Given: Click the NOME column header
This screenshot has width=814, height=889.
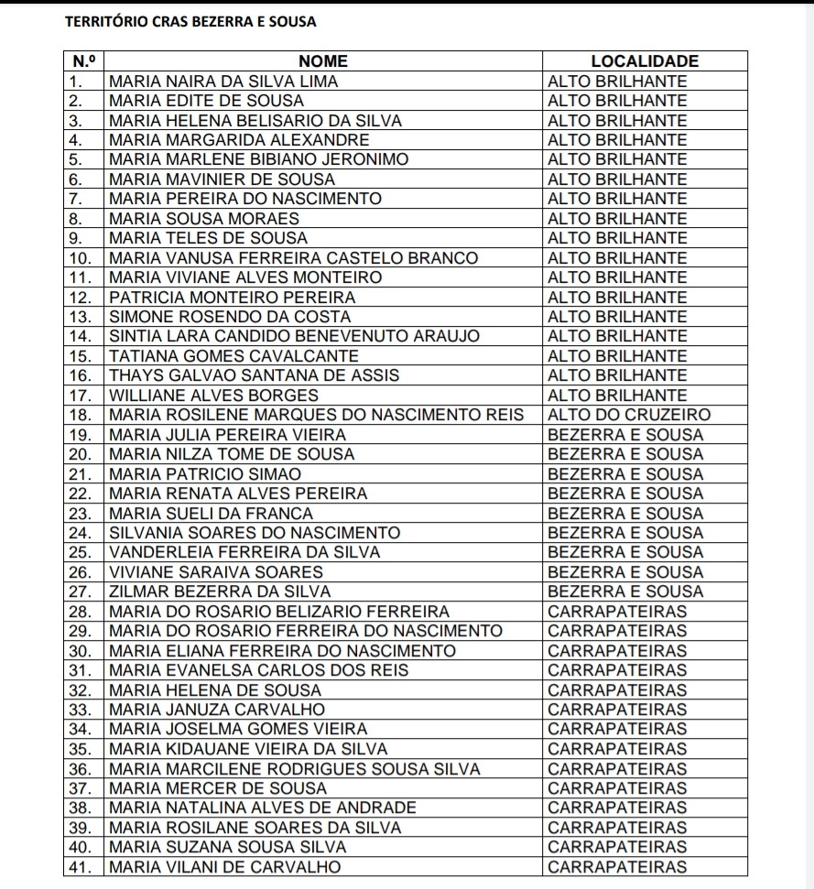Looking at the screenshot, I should (x=323, y=61).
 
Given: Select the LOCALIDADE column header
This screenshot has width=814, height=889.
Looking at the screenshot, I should (x=645, y=61).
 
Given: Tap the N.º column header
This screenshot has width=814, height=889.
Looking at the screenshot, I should (x=83, y=61).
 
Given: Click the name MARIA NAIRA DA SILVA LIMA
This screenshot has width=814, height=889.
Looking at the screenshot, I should (x=223, y=81).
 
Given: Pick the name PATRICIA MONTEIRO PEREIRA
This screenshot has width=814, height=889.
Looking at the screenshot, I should (x=233, y=298).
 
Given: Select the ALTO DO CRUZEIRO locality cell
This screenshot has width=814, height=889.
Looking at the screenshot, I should (x=628, y=415).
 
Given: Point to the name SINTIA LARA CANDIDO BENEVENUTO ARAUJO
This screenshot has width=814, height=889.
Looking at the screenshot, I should (x=294, y=336).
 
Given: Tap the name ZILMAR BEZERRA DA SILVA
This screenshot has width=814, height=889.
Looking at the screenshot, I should (x=220, y=591).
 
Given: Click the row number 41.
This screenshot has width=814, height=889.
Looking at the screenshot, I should (x=83, y=867).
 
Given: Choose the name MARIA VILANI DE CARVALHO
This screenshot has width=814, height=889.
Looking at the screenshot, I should (x=224, y=867).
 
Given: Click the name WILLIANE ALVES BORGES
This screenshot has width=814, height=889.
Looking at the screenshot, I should (x=213, y=396).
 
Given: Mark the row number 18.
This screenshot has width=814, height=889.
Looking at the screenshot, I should (x=83, y=415).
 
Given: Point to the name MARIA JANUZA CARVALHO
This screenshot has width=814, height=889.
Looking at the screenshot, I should (x=217, y=710).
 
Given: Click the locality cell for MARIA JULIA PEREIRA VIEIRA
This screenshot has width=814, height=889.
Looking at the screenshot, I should (x=625, y=435).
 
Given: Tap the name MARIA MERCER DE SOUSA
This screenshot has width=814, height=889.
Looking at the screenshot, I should (x=217, y=788).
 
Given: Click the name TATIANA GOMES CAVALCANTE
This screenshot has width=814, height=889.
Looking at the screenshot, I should (x=233, y=356).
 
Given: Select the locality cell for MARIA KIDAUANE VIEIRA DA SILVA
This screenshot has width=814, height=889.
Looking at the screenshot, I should (x=617, y=749).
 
